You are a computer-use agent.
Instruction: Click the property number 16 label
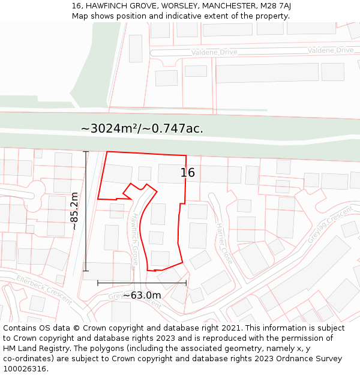coord(188,173)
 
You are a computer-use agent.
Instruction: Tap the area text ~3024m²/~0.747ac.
coord(142,128)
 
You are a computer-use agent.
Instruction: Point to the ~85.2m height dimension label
coord(74,211)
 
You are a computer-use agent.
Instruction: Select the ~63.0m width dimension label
coord(142,295)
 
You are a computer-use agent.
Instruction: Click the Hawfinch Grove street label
coord(136,239)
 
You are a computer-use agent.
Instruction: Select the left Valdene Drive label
coord(214,53)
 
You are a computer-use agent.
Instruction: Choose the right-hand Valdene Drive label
coord(331,50)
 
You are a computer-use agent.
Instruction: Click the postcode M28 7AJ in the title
coord(275,5)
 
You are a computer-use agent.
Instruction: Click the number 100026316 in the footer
coord(25,369)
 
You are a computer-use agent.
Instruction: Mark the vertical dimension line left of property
coord(86,211)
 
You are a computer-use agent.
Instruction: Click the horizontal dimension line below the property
coord(142,282)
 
